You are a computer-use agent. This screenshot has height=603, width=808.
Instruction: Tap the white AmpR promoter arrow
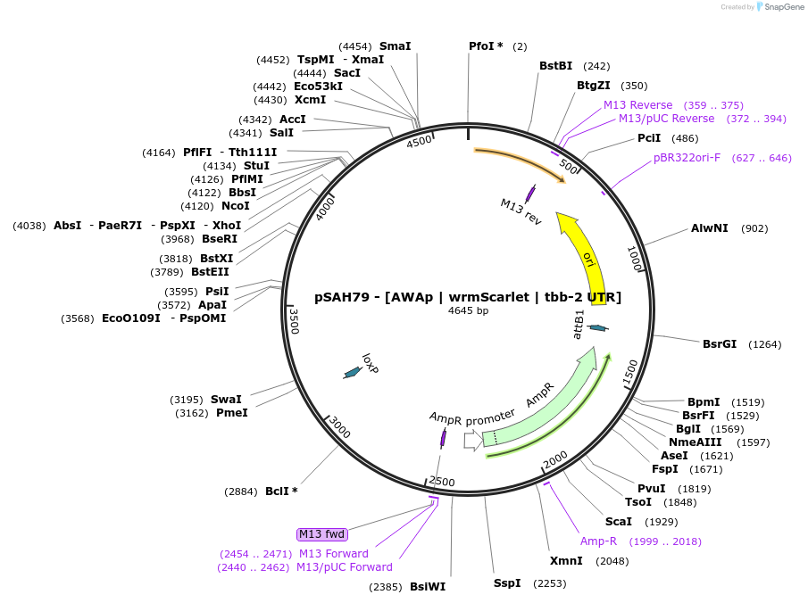(472, 440)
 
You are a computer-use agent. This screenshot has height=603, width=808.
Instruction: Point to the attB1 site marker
(598, 328)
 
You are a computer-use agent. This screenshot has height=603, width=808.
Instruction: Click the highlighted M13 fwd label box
(321, 534)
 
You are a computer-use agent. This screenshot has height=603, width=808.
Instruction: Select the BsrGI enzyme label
(720, 343)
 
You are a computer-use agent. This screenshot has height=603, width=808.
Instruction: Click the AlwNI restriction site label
(710, 228)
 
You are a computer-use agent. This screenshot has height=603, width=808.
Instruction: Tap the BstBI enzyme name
(555, 66)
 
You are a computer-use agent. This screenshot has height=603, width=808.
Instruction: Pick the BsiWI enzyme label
(427, 587)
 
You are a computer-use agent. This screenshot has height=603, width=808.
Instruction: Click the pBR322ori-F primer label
(687, 158)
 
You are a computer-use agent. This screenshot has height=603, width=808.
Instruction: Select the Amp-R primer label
(598, 541)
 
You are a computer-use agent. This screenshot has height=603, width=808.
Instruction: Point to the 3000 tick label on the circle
(340, 428)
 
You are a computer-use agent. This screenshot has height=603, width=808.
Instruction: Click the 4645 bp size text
(468, 311)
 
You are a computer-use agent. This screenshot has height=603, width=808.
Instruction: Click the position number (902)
(754, 228)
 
